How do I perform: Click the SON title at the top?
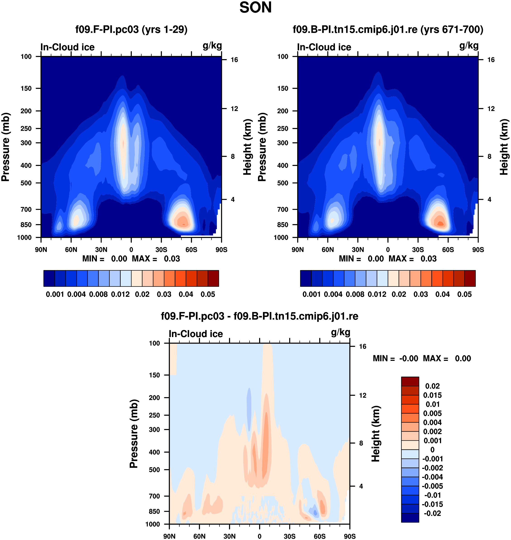coord(255,8)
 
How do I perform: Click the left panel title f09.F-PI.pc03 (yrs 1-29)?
coord(131,29)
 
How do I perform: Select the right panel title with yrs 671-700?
coord(388,29)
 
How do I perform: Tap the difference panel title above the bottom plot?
coord(259,316)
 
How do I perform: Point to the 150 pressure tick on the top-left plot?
coord(26,88)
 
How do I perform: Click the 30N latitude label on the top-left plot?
coord(101,250)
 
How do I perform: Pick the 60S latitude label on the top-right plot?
coord(448,250)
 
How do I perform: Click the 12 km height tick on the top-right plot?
coord(491,109)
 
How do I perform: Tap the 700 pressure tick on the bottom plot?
coord(154,496)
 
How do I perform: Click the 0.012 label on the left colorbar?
coord(120,294)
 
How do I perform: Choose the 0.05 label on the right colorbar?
coord(464,294)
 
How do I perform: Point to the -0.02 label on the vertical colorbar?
coord(432,513)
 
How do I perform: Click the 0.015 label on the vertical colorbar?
coord(432,395)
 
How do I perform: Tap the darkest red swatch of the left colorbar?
coord(213,278)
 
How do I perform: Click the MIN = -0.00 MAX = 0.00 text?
coord(422,359)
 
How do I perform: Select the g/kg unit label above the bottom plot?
coord(341,332)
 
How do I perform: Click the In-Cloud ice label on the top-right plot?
coord(324,47)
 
